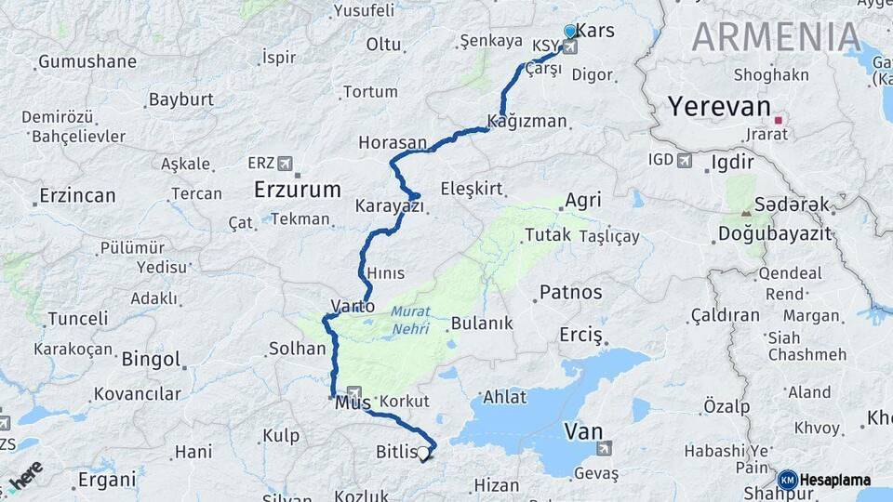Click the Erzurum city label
point(298,190)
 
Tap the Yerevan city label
point(719,106)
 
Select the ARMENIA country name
point(776,36)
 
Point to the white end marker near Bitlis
point(424,453)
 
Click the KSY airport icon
point(568,46)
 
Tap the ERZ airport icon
point(285,163)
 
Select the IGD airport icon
point(686,161)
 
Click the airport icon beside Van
point(605,450)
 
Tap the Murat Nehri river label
point(410,320)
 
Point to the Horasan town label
point(392,143)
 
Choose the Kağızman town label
point(526,121)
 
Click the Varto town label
point(353,305)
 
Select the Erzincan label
point(78,196)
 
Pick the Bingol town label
point(151,358)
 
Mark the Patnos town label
point(571,292)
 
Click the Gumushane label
point(87,62)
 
